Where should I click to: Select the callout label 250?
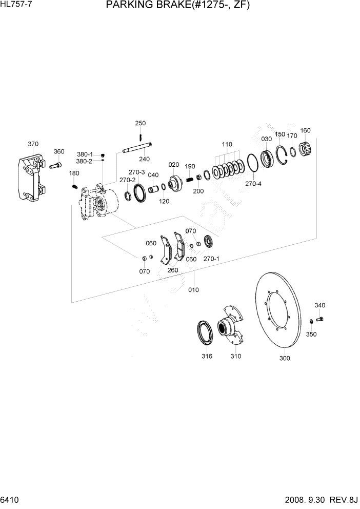(x=141, y=123)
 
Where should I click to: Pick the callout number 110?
(x=227, y=144)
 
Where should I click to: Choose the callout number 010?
(x=193, y=290)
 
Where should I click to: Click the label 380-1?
(x=85, y=154)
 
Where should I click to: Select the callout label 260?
(x=172, y=270)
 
